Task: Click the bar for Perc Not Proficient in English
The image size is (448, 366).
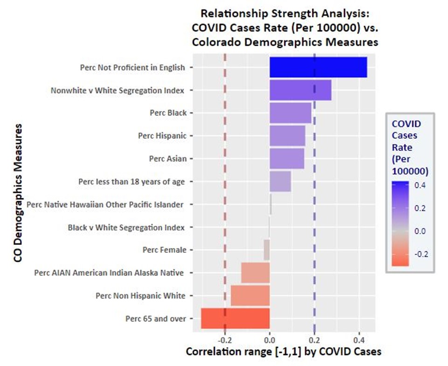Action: coord(318,67)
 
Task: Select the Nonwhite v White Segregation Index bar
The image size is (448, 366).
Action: coord(300,90)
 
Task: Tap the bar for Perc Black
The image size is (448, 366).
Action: coord(290,113)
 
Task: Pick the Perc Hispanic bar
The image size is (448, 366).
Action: coord(287,136)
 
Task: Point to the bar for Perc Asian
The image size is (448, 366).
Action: coord(287,158)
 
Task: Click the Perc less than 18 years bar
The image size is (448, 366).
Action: coord(280,181)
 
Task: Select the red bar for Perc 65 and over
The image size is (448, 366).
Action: coord(235,319)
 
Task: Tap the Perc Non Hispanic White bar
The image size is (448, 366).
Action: coord(250,296)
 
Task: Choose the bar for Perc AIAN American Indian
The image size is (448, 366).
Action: coord(255,273)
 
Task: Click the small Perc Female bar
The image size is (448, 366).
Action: coord(267,250)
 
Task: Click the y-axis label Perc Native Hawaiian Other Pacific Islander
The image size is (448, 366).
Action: coord(105,204)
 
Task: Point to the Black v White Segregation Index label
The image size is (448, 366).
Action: coord(126,227)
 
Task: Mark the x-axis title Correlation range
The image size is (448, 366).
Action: coord(283,352)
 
